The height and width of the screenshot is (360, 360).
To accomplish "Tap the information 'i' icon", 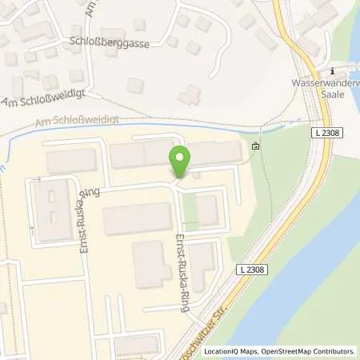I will [x=331, y=70].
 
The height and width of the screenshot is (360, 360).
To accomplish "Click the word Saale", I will [x=331, y=93].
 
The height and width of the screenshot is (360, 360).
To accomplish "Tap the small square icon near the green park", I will [x=255, y=146].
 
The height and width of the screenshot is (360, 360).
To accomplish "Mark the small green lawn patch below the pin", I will [x=189, y=210].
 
